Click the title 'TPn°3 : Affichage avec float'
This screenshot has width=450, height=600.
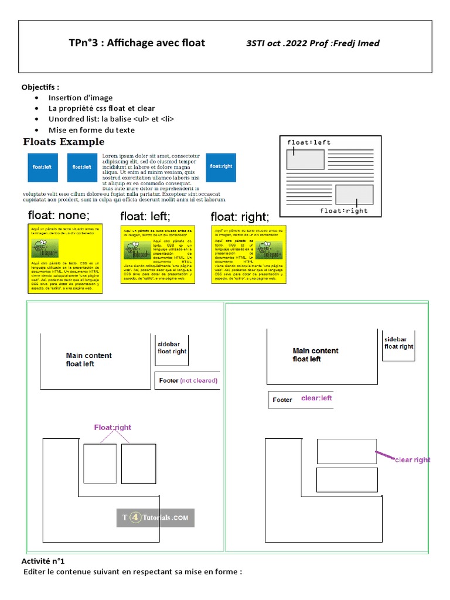[137, 43]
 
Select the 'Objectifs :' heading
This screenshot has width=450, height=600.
[40, 87]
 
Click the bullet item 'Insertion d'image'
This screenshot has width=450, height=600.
[81, 98]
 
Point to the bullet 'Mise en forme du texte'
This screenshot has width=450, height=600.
[91, 130]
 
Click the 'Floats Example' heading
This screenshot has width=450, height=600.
[63, 142]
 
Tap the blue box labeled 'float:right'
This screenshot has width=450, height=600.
[221, 166]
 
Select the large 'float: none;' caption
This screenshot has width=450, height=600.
[59, 215]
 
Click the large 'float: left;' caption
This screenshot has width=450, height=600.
[145, 217]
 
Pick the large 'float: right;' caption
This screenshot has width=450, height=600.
[240, 217]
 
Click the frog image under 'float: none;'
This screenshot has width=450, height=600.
[45, 249]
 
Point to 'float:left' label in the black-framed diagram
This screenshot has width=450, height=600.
[309, 142]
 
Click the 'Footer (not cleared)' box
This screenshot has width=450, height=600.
[187, 380]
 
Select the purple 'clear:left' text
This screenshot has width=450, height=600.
[316, 398]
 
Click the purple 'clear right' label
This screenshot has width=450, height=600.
[412, 460]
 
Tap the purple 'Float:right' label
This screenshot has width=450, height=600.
[112, 428]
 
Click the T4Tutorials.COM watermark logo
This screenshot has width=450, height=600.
[155, 518]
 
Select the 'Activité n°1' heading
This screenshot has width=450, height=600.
[46, 561]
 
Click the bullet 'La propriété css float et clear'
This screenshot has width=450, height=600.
[102, 108]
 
